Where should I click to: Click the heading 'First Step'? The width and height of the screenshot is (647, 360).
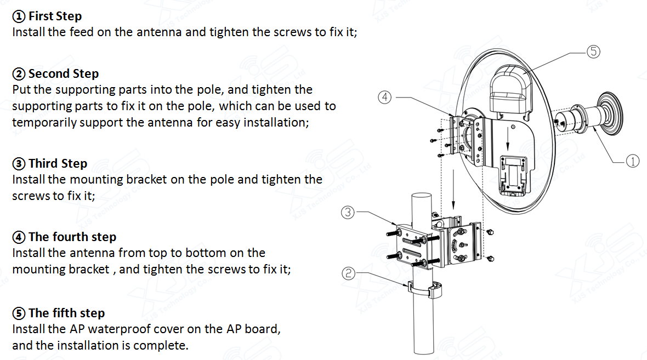coord(55,16)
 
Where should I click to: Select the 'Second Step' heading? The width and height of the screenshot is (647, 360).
coord(63,73)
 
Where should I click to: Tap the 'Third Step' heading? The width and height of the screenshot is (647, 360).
coord(58,163)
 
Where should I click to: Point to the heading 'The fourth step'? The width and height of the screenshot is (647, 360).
coord(72,237)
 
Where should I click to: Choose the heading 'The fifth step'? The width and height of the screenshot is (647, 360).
coord(66,313)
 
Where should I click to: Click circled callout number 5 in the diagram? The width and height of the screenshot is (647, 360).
coord(593,52)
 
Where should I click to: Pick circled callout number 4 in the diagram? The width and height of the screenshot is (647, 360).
coord(385,97)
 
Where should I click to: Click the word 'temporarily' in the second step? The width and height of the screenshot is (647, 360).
coord(44,122)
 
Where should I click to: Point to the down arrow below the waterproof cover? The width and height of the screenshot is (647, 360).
coord(508,140)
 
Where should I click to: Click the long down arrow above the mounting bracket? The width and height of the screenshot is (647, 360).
coord(453,190)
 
